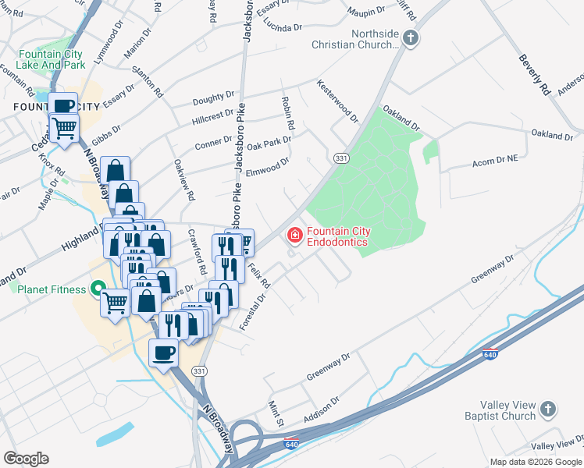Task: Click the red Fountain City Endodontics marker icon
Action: [x=295, y=234]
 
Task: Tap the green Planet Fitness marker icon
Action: [x=98, y=289]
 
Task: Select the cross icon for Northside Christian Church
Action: [x=410, y=37]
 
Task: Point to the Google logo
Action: [x=26, y=459]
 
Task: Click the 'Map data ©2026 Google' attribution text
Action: [x=535, y=462]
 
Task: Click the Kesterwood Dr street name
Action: [x=337, y=101]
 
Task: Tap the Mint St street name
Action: [x=274, y=414]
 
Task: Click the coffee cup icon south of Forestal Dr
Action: [x=163, y=353]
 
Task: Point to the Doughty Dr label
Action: [x=213, y=98]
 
